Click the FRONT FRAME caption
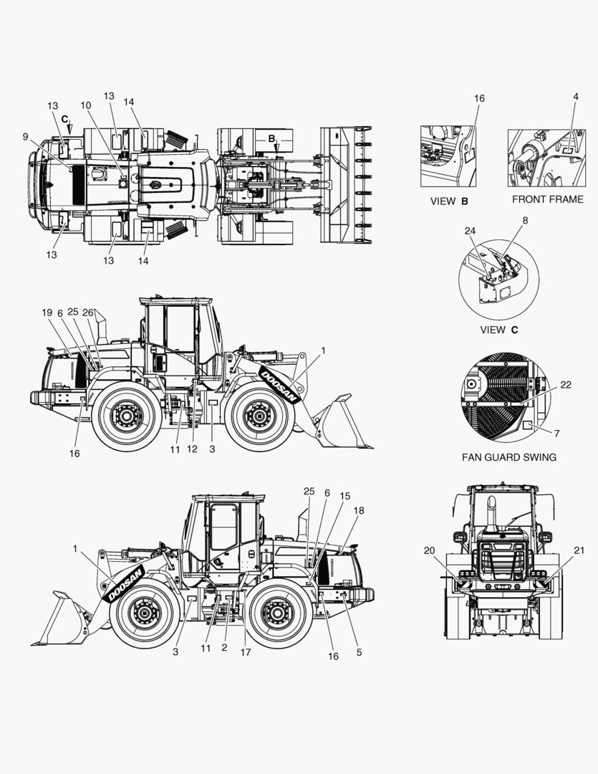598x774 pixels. (548, 199)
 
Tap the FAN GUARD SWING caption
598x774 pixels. (509, 457)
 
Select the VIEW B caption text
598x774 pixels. (449, 201)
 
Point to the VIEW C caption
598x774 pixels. (499, 330)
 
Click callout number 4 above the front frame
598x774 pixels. (576, 97)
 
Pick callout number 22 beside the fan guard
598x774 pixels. (566, 385)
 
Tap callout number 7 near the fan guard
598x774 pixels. (557, 434)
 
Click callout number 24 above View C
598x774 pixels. (470, 231)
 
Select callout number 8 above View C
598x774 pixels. (525, 221)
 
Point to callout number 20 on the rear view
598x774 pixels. (429, 550)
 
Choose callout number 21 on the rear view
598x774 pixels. (579, 550)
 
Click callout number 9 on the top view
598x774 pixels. (25, 137)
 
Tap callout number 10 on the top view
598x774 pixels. (86, 105)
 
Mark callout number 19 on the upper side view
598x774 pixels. (47, 312)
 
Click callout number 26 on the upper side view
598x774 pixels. (88, 312)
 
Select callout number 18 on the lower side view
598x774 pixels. (359, 511)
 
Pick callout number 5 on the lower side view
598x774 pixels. (360, 652)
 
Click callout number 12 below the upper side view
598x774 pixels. (192, 449)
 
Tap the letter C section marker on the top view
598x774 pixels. (64, 120)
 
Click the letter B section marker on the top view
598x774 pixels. (271, 139)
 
